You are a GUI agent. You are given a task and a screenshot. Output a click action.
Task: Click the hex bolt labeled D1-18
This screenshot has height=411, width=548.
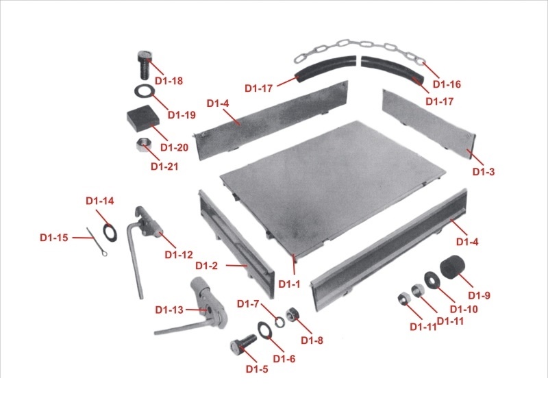pyautogui.click(x=144, y=65)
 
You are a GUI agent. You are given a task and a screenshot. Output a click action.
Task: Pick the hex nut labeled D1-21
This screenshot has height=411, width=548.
pyautogui.click(x=143, y=145)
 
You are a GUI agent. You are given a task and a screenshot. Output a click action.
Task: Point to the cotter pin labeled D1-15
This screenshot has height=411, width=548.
pyautogui.click(x=96, y=242)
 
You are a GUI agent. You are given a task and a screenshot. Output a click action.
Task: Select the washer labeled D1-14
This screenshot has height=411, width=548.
pyautogui.click(x=110, y=233)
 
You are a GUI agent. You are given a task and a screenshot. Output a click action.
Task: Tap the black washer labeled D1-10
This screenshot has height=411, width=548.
pyautogui.click(x=432, y=280)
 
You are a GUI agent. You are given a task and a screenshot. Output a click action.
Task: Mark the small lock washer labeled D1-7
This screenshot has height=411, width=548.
pyautogui.click(x=279, y=322)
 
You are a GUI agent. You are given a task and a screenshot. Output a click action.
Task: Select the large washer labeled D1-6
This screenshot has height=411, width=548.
pyautogui.click(x=264, y=330)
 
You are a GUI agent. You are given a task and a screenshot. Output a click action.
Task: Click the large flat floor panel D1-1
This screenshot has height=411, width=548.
pyautogui.click(x=333, y=189)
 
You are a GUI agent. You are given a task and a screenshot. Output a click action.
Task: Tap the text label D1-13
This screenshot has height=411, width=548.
pyautogui.click(x=169, y=310)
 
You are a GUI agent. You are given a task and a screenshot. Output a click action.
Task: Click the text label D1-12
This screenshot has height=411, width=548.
pyautogui.click(x=179, y=255)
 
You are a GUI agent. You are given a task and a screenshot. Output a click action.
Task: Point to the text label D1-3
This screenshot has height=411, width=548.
pyautogui.click(x=484, y=172)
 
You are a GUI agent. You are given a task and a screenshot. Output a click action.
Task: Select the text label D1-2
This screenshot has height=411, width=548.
pyautogui.click(x=206, y=266)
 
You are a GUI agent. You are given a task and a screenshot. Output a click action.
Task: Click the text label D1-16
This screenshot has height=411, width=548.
pyautogui.click(x=447, y=84)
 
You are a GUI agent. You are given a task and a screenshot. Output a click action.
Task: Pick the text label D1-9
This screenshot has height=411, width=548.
pyautogui.click(x=479, y=295)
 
